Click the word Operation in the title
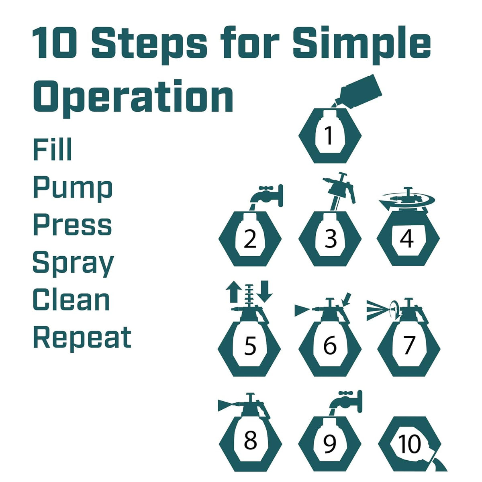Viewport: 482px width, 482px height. click(x=133, y=98)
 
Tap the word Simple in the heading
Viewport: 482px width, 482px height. click(x=361, y=44)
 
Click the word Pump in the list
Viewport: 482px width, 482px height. click(x=73, y=189)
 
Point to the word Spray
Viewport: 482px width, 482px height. click(x=73, y=266)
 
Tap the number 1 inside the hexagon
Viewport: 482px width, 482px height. click(x=329, y=135)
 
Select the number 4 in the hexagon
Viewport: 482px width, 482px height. click(x=407, y=239)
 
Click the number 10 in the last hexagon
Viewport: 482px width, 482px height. click(x=409, y=443)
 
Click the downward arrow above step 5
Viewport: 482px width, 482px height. click(x=264, y=291)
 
